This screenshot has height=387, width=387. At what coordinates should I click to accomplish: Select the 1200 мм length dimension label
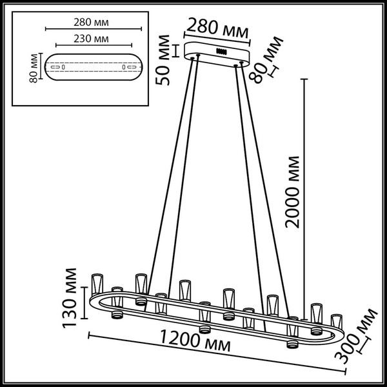197,341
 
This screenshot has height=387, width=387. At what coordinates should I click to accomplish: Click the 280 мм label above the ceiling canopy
214,28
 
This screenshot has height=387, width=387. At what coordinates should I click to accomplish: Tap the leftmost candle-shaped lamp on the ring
98,283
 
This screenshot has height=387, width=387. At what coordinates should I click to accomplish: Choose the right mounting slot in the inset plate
122,67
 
